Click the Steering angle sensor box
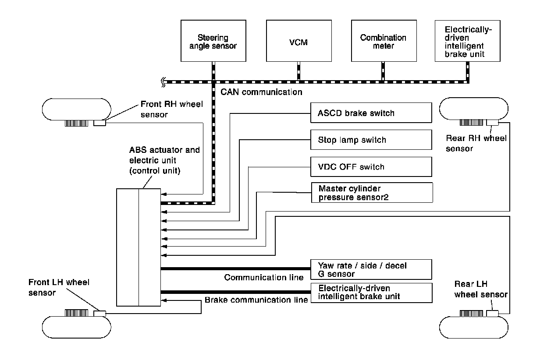(x=213, y=41)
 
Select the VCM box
(x=298, y=41)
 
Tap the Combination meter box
(x=383, y=41)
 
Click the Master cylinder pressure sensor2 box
(x=371, y=193)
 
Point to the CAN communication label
(x=259, y=92)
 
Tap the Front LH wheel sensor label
(x=65, y=287)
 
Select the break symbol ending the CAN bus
(x=163, y=81)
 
